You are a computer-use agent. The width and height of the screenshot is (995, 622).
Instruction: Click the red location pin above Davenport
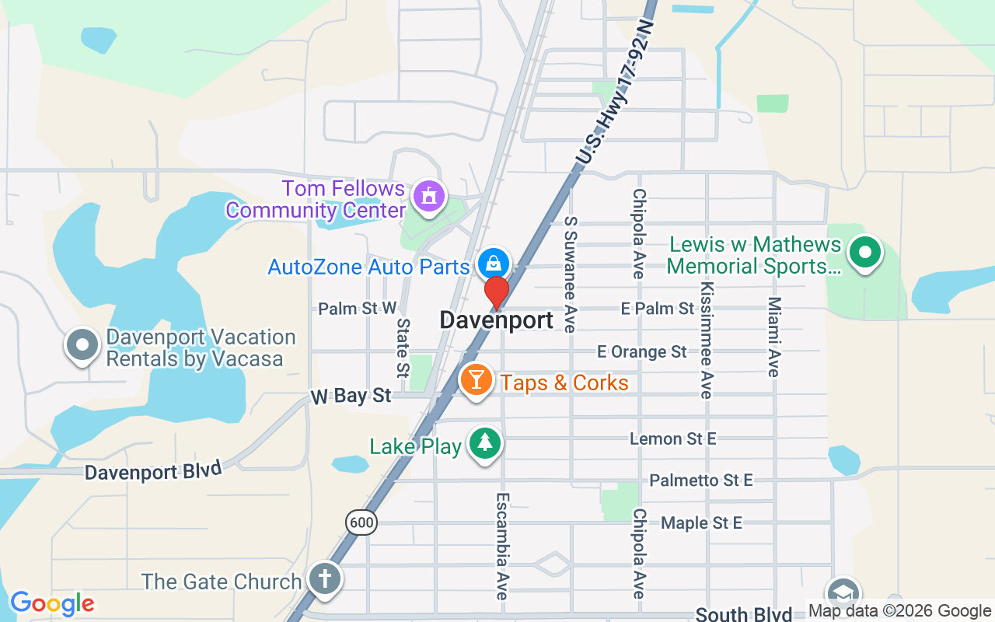497,292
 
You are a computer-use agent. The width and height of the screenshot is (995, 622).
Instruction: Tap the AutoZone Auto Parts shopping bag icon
494,262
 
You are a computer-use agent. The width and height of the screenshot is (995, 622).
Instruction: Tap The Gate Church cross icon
324,579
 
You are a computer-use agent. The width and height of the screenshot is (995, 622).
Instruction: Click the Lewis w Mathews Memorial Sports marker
864,253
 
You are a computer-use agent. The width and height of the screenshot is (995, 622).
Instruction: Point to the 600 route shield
361,522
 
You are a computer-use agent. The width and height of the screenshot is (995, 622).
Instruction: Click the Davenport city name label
497,320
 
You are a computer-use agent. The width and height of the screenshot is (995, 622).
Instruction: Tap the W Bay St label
351,396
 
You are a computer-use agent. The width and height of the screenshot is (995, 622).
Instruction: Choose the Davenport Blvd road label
153,471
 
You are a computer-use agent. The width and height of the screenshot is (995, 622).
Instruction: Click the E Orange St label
642,352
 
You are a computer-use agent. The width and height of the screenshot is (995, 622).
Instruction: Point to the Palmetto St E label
701,480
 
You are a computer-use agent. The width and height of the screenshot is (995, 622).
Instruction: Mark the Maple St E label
701,523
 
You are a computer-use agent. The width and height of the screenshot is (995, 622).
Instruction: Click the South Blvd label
744,614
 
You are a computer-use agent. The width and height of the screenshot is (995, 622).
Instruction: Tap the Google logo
52,603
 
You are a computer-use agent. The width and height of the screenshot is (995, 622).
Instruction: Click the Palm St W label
358,309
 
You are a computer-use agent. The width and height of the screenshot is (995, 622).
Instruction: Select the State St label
403,347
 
